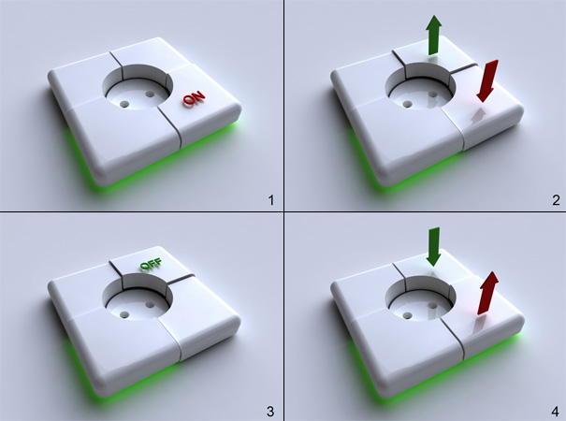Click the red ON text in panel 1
tap(194, 98)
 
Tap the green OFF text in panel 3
tap(151, 265)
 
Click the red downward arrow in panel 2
tap(487, 80)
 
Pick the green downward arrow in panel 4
tap(433, 247)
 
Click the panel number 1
tap(270, 200)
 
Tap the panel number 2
tap(557, 200)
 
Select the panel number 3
tap(270, 411)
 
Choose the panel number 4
tap(556, 411)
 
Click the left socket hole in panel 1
tap(124, 105)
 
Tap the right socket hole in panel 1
tap(150, 94)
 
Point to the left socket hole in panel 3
tap(124, 314)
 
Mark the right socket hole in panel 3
tap(150, 305)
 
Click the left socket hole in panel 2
tap(408, 104)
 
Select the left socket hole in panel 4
tap(408, 315)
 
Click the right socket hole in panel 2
tap(432, 94)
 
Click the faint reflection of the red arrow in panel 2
tap(476, 115)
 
